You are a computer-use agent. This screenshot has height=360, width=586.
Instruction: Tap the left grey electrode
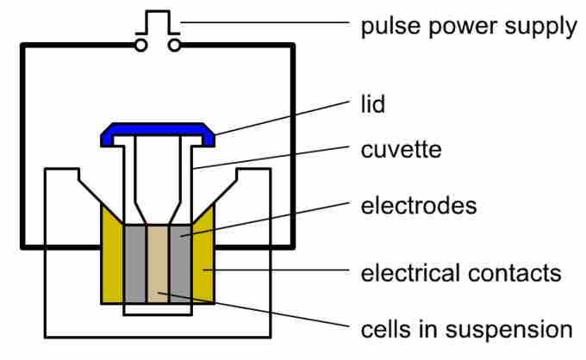[x=135, y=264]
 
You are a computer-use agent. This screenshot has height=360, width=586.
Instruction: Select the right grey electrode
[x=180, y=264]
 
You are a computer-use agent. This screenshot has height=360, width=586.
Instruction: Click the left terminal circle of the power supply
[x=140, y=44]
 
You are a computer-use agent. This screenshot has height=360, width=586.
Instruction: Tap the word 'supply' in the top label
[x=541, y=28]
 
